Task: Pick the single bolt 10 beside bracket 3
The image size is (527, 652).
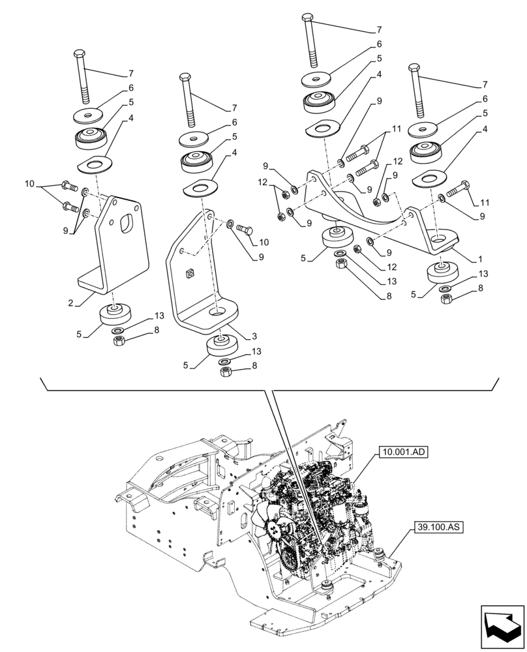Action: tap(245, 229)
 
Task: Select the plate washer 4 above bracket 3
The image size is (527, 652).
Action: tap(199, 188)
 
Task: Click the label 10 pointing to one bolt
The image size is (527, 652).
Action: tap(263, 243)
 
